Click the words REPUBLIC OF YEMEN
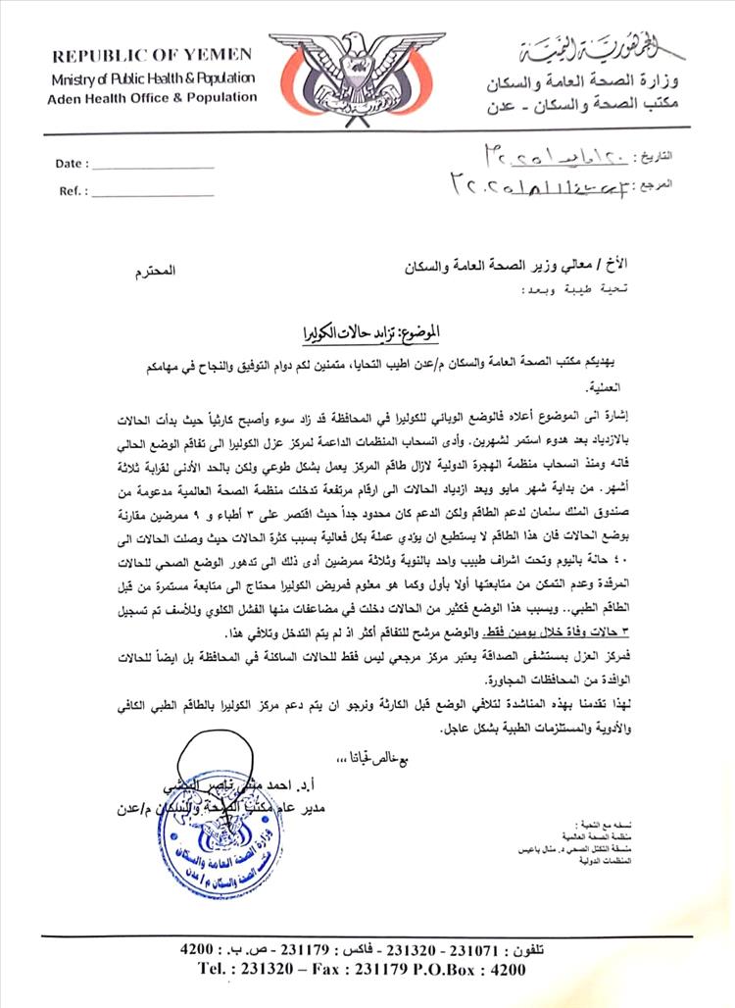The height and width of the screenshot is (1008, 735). tap(151, 57)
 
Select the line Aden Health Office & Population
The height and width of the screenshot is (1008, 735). tap(152, 97)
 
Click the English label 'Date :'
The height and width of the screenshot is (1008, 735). tap(73, 164)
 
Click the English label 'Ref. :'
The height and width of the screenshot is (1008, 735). tap(72, 192)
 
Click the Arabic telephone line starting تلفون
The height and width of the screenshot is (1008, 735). tap(364, 950)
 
